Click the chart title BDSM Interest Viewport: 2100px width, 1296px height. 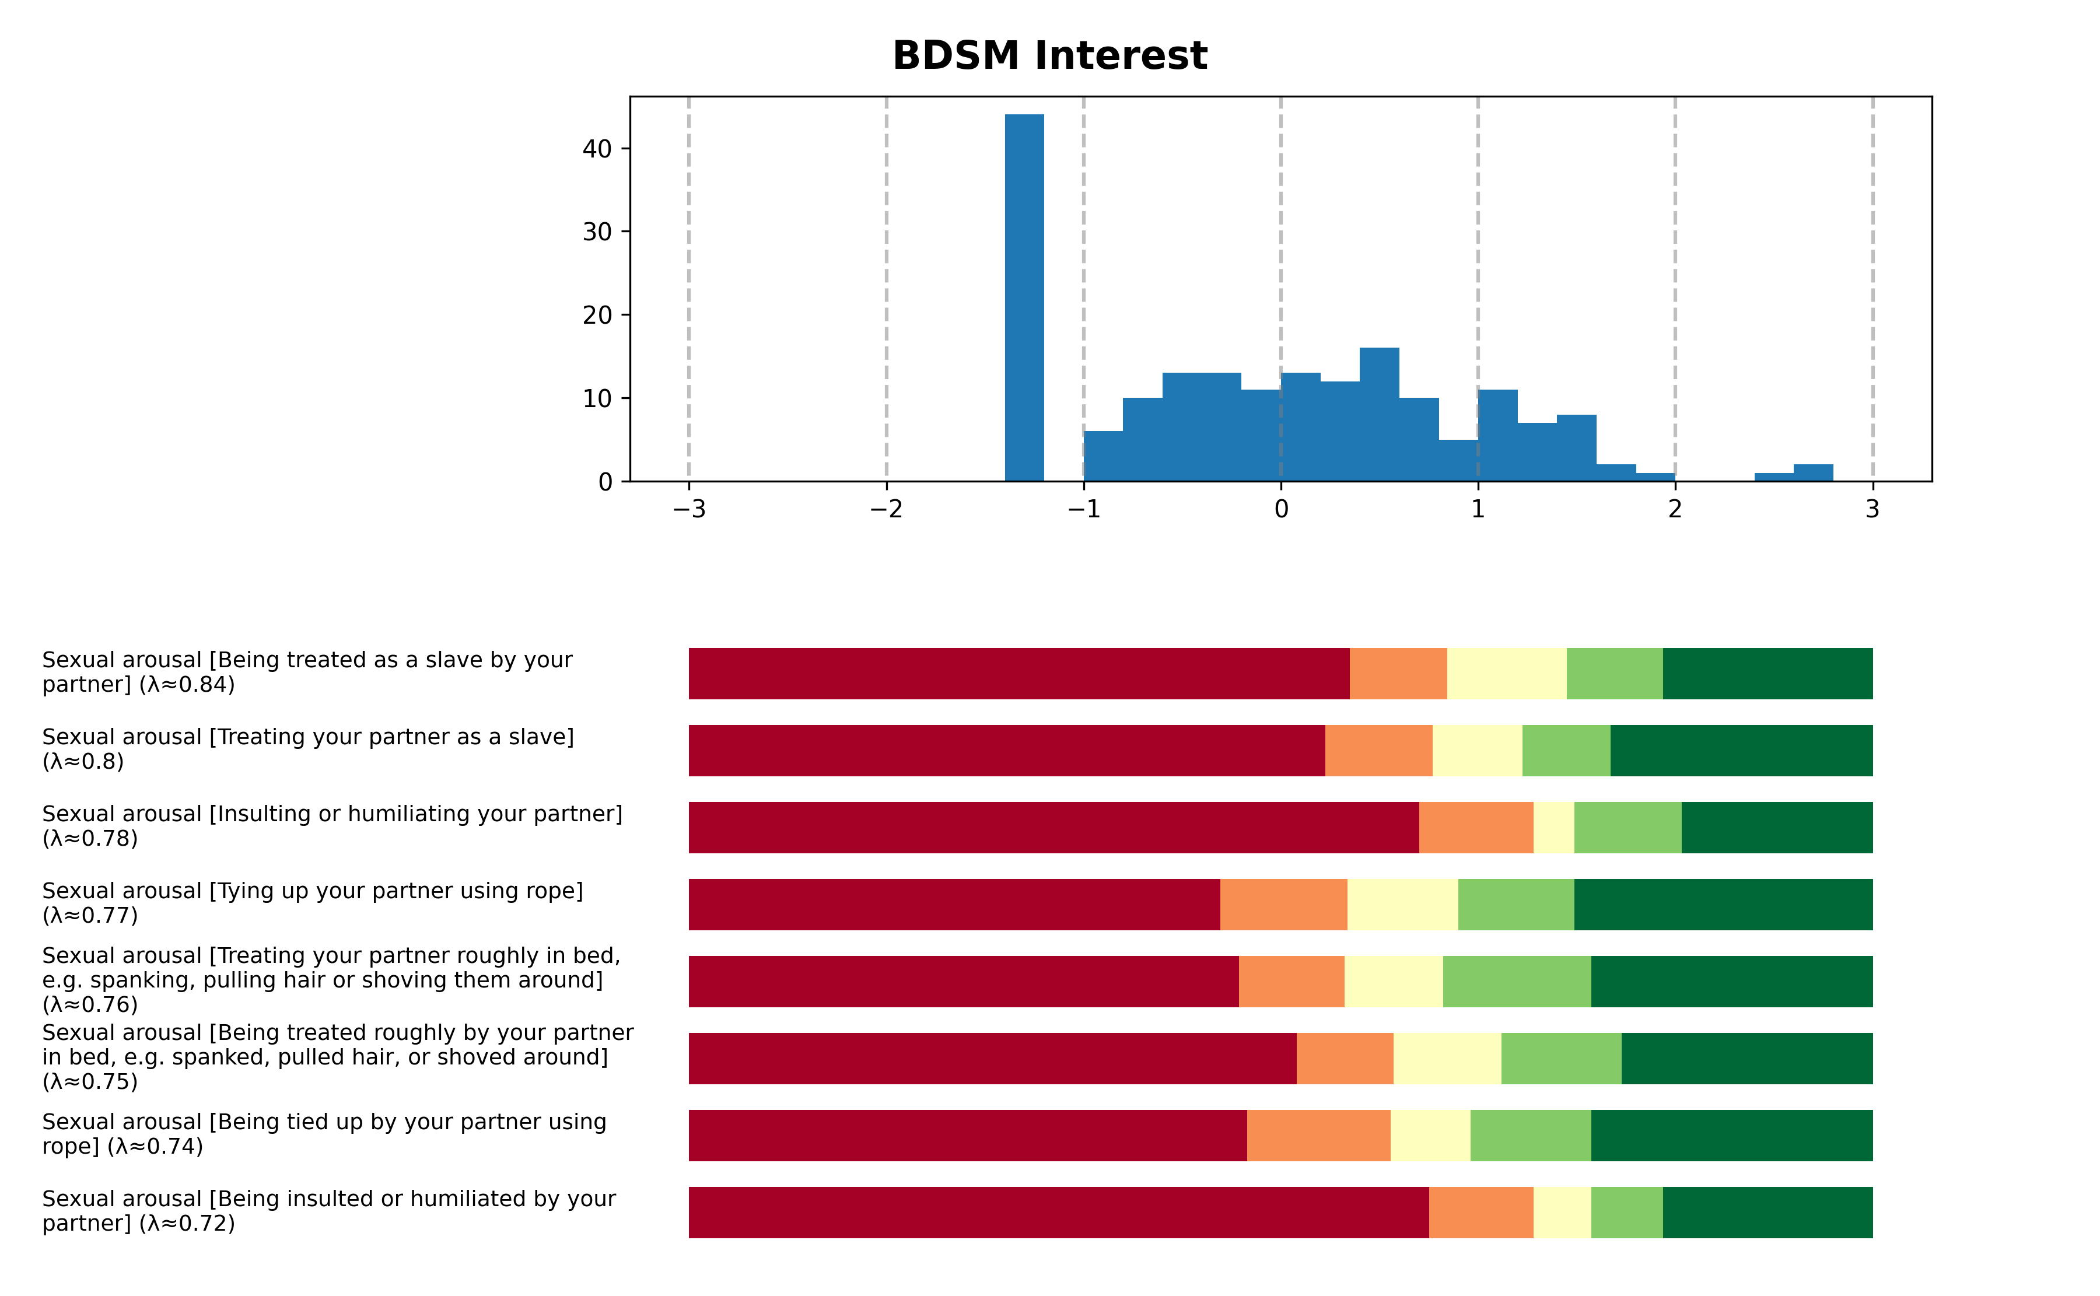click(1049, 56)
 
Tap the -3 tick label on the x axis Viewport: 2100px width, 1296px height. click(689, 509)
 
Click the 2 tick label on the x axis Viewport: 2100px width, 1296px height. click(1675, 509)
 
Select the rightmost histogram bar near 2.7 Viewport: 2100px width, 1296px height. click(1813, 472)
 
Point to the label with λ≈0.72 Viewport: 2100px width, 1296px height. click(328, 1211)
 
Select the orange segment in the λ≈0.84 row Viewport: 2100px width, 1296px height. click(1398, 674)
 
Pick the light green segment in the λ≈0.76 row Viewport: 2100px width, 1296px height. click(1516, 982)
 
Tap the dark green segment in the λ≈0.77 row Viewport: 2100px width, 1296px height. click(1723, 904)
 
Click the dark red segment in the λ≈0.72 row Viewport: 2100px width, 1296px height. click(1059, 1212)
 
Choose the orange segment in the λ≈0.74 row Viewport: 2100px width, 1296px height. click(1318, 1135)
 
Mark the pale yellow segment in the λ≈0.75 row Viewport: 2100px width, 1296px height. click(1447, 1059)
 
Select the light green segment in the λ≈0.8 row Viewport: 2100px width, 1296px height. click(1566, 751)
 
